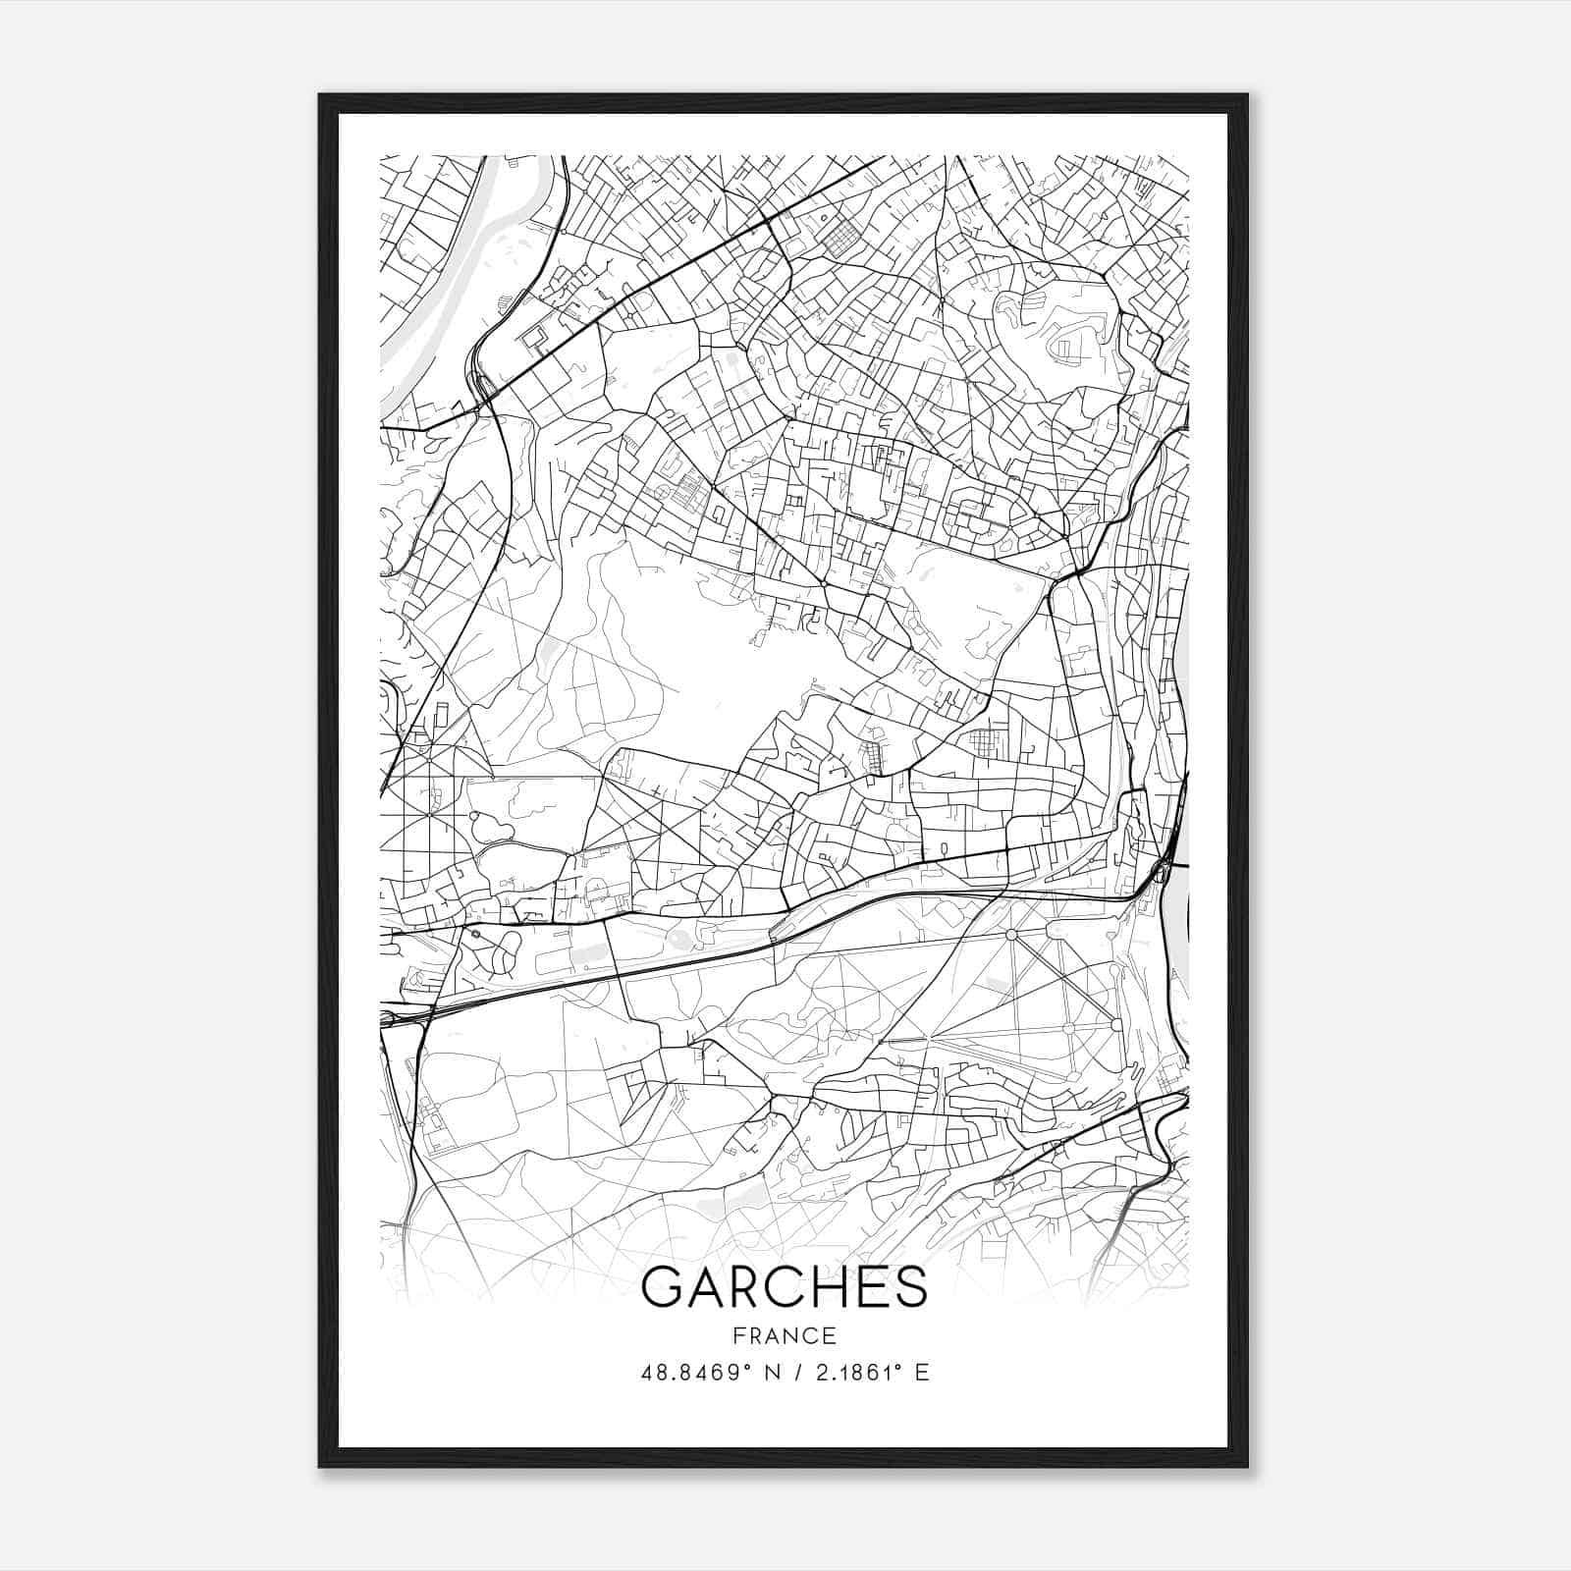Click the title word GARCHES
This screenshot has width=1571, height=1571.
click(x=784, y=1287)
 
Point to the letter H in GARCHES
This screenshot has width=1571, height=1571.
click(x=828, y=1287)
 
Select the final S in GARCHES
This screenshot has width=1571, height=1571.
click(x=909, y=1287)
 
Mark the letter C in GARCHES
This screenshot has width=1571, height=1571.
click(x=785, y=1287)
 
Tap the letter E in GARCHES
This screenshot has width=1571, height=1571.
click(x=870, y=1287)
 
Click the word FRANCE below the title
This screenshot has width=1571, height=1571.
click(x=784, y=1335)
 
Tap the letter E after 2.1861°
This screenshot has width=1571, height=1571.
click(x=921, y=1373)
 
